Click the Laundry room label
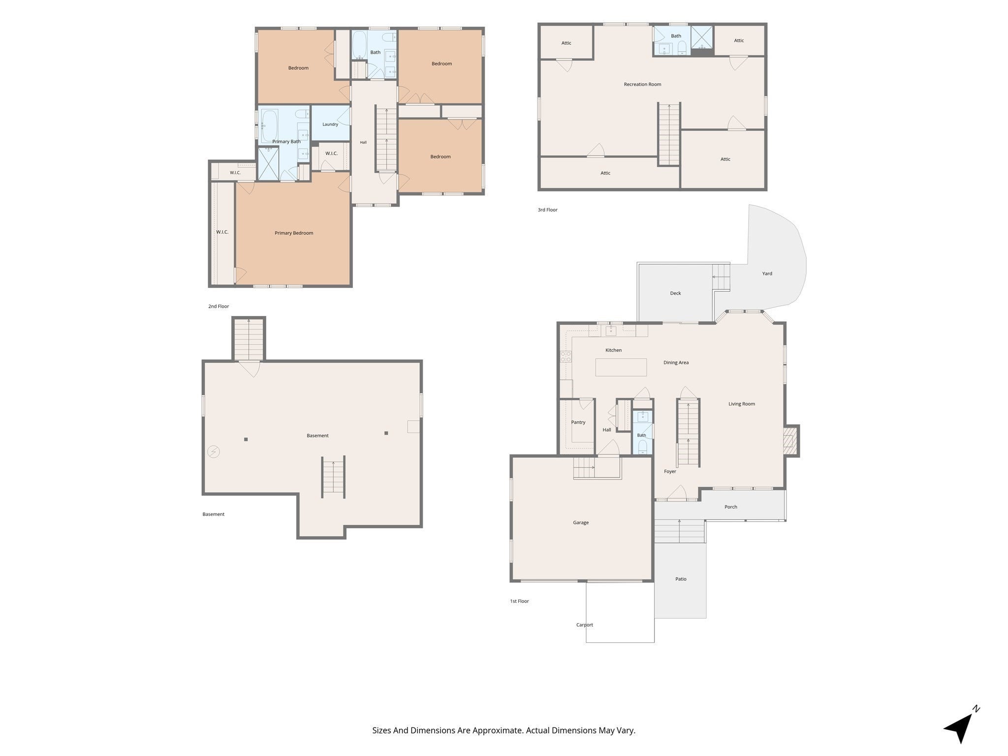click(x=330, y=125)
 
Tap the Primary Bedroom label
click(x=294, y=233)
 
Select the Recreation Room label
click(x=642, y=84)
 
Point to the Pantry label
click(x=578, y=422)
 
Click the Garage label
click(x=581, y=523)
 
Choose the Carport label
click(x=585, y=625)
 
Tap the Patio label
click(x=681, y=579)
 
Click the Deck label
click(x=675, y=293)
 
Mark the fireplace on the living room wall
click(x=790, y=441)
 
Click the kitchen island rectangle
click(x=621, y=367)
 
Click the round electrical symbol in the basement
click(x=214, y=451)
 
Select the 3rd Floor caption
click(x=547, y=210)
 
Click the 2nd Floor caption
click(x=219, y=307)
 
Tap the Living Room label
click(x=742, y=404)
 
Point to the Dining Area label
click(x=676, y=363)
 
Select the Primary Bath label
click(x=286, y=142)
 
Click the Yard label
click(x=767, y=274)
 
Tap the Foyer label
click(x=670, y=472)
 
